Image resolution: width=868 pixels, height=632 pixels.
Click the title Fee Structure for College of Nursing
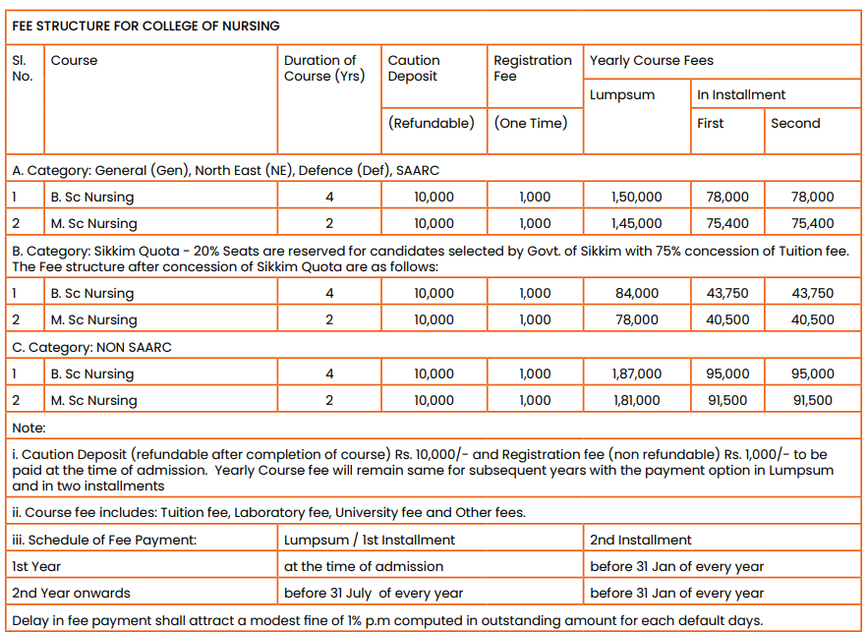145,26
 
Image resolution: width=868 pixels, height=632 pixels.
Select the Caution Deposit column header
414,68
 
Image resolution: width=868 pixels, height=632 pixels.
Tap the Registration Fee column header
532,68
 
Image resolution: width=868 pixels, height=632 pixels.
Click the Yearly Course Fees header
651,60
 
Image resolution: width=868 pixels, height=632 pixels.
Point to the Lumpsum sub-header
622,94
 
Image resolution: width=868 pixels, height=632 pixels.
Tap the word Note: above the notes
29,428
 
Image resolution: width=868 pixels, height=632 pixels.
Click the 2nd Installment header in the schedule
641,540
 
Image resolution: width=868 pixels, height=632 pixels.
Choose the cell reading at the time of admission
364,566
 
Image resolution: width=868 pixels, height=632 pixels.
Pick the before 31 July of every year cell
374,593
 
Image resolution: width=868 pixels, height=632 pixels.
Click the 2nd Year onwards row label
71,593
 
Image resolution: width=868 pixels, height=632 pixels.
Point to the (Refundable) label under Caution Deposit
432,123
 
